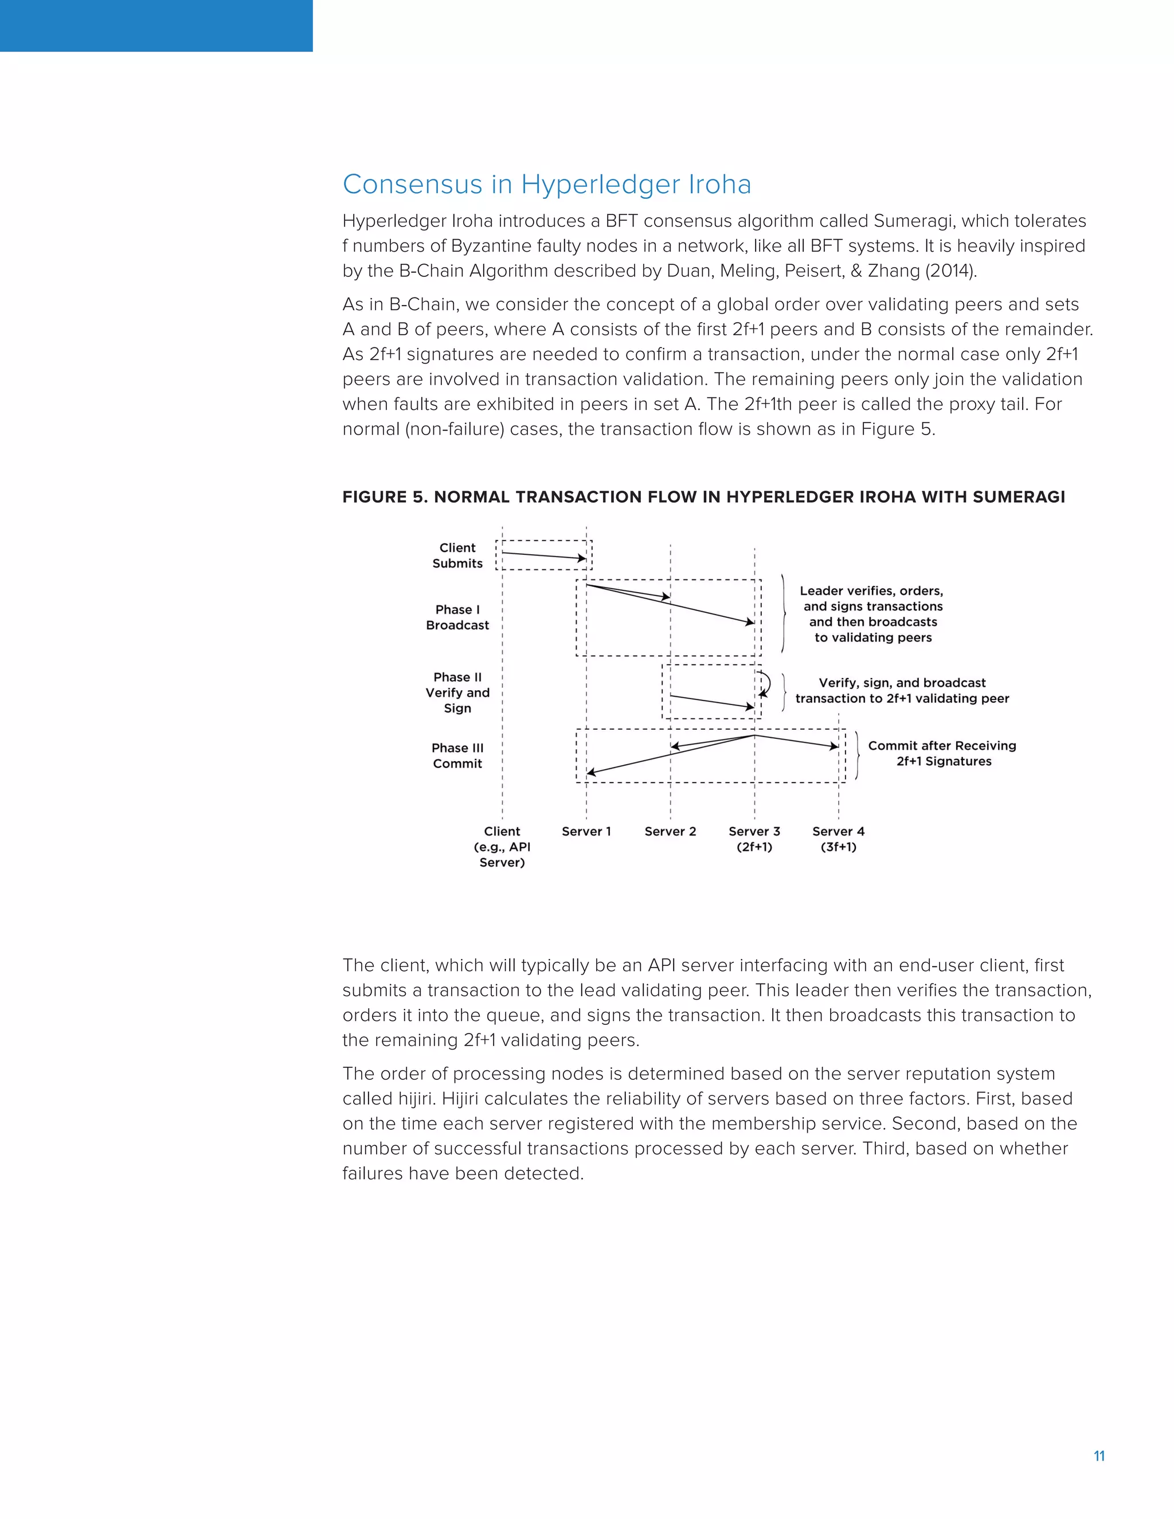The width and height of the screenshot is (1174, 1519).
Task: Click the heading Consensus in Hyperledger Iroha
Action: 547,185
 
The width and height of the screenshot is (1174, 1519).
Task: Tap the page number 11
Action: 1099,1457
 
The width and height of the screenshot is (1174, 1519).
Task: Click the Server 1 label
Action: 586,831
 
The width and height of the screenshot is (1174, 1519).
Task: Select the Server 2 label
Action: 670,831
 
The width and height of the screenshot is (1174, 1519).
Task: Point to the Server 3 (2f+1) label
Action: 754,839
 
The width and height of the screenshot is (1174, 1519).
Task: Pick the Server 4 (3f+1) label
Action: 838,839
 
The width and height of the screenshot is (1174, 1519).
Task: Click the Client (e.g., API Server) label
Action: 502,847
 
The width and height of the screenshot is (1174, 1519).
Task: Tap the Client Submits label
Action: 457,555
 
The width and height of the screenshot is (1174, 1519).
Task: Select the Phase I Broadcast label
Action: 457,617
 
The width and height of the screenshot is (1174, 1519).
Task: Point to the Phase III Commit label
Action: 457,755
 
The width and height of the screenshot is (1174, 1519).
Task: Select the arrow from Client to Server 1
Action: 544,555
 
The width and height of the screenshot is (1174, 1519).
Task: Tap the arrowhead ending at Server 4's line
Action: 834,747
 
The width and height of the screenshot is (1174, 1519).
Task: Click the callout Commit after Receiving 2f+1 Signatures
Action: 942,753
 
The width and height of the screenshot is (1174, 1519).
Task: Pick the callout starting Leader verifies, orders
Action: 872,613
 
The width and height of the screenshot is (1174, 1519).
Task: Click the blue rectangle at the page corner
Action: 156,26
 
